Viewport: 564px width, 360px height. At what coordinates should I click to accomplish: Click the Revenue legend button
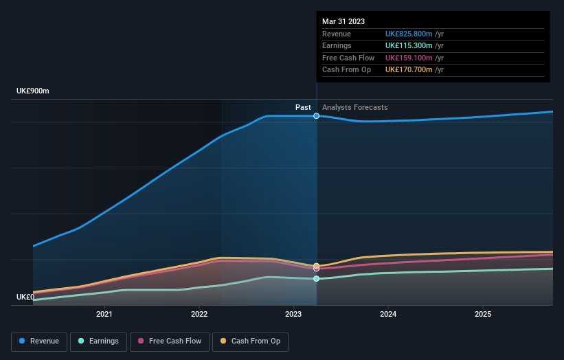[x=39, y=341]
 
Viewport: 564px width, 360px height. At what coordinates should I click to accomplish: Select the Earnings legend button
[x=98, y=341]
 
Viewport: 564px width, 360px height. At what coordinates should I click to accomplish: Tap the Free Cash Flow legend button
[x=170, y=341]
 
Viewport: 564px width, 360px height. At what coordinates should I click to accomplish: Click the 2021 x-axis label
[x=104, y=314]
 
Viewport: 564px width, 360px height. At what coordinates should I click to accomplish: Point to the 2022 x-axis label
[x=199, y=314]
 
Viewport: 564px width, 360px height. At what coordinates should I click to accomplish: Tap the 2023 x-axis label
[x=293, y=314]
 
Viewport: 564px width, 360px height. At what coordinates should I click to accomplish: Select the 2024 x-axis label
[x=388, y=314]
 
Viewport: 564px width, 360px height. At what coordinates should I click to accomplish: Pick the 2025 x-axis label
[x=483, y=314]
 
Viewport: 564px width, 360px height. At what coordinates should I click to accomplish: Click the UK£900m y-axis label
[x=33, y=91]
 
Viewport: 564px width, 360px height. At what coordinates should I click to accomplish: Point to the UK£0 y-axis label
[x=25, y=297]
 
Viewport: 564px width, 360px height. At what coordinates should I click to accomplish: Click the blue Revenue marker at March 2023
[x=317, y=116]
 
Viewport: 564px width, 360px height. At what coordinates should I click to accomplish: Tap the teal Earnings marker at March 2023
[x=317, y=278]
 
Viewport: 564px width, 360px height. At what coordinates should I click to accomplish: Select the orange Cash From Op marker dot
[x=317, y=266]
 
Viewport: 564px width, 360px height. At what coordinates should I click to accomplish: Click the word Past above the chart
[x=303, y=107]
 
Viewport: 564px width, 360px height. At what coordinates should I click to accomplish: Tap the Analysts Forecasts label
[x=354, y=107]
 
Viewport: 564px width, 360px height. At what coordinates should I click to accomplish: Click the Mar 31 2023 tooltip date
[x=344, y=21]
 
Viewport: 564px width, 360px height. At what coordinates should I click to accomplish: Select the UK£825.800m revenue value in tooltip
[x=409, y=34]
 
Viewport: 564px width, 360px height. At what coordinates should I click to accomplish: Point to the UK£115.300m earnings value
[x=409, y=46]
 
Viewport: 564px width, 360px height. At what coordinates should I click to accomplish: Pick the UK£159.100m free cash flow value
[x=409, y=58]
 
